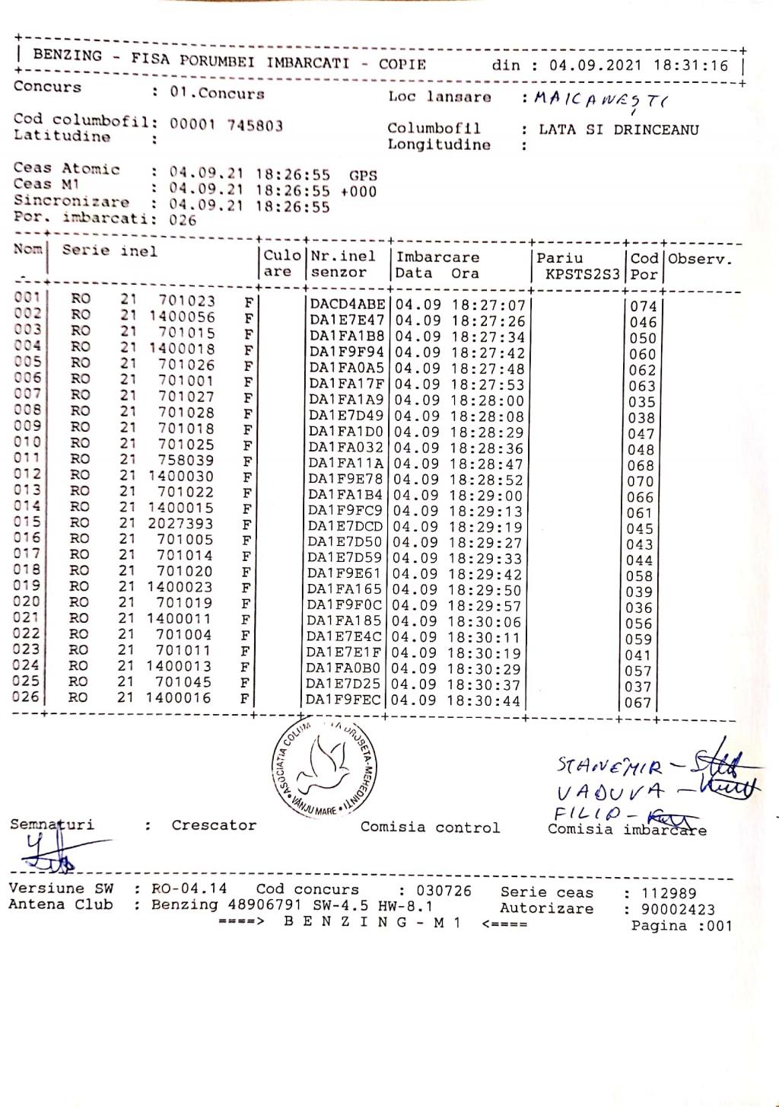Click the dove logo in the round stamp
coord(326,767)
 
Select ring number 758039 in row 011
coord(186,461)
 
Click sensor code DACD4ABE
coord(348,305)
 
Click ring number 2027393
coord(180,525)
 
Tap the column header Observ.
coord(700,259)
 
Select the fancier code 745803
coord(255,126)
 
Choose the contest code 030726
coord(444,891)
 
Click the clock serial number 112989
coord(669,893)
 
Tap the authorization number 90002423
coord(678,909)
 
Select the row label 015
coord(27,522)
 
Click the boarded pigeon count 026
coord(183,221)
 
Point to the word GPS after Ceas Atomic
coord(363,175)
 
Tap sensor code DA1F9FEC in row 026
coord(344,699)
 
